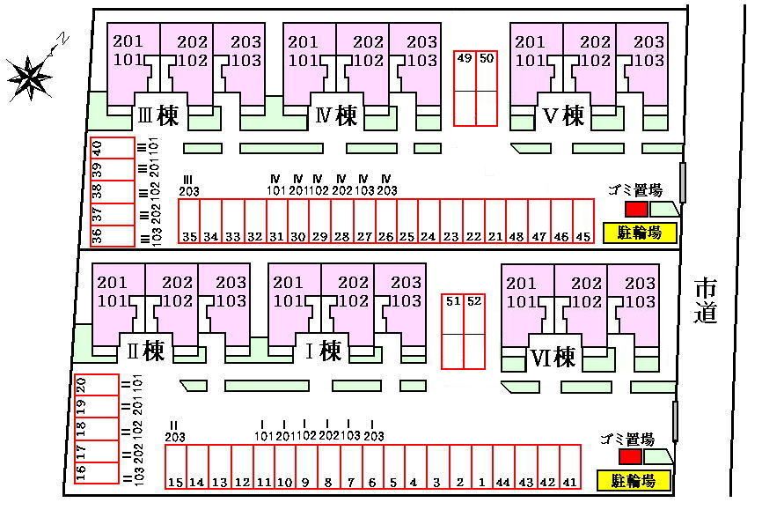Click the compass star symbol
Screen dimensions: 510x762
(30, 76)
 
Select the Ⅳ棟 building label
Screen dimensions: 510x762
(336, 115)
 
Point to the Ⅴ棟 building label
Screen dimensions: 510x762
(563, 115)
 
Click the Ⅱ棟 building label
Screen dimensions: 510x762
(145, 351)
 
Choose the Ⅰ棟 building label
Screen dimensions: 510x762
(322, 351)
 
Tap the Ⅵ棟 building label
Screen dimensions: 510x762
(553, 357)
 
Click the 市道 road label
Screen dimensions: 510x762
(706, 300)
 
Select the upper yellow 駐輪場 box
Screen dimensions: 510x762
(640, 233)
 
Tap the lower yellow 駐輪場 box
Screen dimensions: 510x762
(634, 481)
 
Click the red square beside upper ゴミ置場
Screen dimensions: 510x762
(635, 209)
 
